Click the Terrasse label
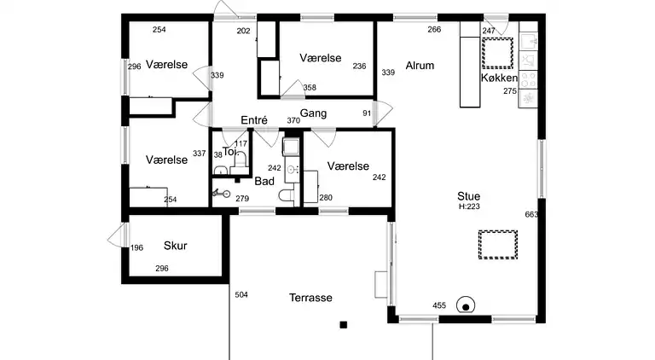pyautogui.click(x=310, y=298)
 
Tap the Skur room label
pyautogui.click(x=175, y=246)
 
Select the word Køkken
pyautogui.click(x=499, y=78)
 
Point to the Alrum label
pyautogui.click(x=420, y=66)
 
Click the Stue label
pyautogui.click(x=469, y=196)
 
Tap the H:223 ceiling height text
pyautogui.click(x=469, y=206)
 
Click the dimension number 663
pyautogui.click(x=531, y=215)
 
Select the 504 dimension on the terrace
pyautogui.click(x=241, y=295)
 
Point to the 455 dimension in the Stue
pyautogui.click(x=439, y=305)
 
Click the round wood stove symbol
pyautogui.click(x=466, y=305)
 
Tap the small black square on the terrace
pyautogui.click(x=344, y=325)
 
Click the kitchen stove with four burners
pyautogui.click(x=528, y=80)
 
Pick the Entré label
pyautogui.click(x=254, y=120)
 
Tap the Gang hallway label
pyautogui.click(x=313, y=113)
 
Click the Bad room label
pyautogui.click(x=264, y=181)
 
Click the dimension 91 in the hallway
pyautogui.click(x=367, y=113)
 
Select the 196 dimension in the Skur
pyautogui.click(x=136, y=248)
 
